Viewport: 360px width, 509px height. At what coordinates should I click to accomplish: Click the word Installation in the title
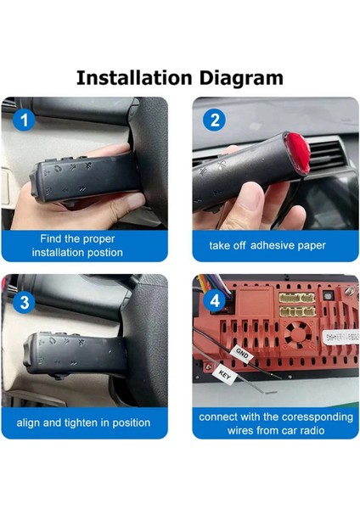click(134, 78)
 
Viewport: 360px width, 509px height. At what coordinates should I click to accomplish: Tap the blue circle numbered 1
click(24, 120)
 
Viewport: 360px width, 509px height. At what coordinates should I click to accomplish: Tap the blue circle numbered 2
click(214, 120)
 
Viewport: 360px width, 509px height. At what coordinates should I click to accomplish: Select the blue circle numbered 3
click(25, 303)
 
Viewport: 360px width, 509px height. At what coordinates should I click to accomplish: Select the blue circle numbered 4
click(215, 301)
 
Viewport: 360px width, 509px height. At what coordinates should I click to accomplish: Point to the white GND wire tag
click(242, 353)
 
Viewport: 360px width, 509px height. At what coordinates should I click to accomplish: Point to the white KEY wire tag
click(224, 375)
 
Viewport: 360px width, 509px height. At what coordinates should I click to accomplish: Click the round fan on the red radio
click(298, 334)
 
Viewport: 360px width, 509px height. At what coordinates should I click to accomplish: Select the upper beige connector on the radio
click(297, 298)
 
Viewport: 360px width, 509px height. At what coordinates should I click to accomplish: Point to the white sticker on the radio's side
click(340, 338)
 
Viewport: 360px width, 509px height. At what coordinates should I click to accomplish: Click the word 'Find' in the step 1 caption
click(50, 239)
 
